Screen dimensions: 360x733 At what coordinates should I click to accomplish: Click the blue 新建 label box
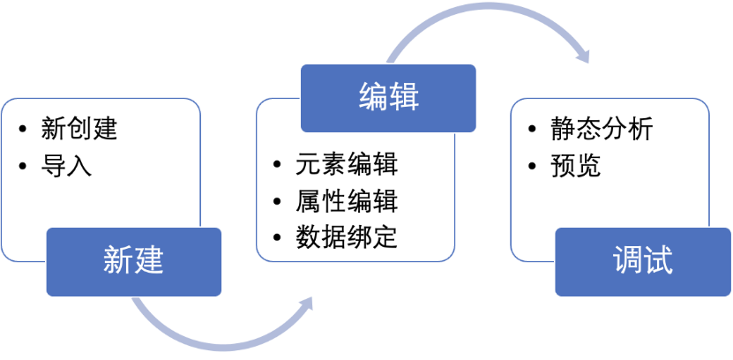click(133, 261)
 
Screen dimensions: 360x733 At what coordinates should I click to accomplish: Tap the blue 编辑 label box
click(388, 96)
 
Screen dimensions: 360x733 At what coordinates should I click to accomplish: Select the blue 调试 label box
click(642, 261)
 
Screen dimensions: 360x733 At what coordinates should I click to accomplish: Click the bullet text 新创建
click(79, 130)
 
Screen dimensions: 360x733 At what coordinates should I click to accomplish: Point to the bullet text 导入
click(66, 165)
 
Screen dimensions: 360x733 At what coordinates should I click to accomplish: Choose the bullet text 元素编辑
click(347, 165)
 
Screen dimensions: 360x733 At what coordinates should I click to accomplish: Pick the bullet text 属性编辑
click(347, 201)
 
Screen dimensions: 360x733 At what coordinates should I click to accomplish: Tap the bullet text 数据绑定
click(347, 236)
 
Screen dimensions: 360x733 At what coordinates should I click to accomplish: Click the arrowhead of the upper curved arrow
click(583, 54)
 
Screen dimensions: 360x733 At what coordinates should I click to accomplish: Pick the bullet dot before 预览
click(533, 166)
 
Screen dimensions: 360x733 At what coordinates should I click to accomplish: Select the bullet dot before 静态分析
click(533, 131)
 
